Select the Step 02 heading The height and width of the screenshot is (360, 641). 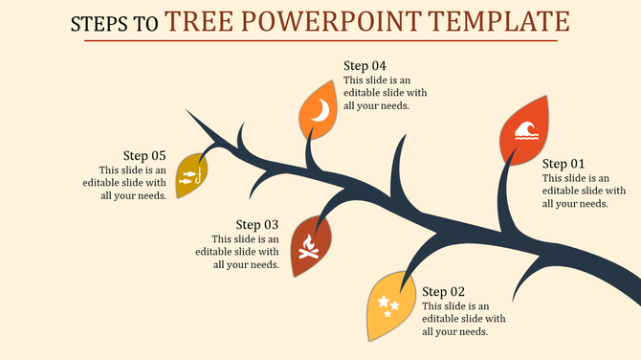444,291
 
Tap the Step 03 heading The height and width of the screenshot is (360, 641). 257,225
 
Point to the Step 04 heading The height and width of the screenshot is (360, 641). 365,65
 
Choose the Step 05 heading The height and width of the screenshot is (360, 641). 144,155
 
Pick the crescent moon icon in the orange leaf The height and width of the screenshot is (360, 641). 322,111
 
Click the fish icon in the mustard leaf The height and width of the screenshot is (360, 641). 191,174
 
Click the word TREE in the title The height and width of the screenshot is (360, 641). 198,21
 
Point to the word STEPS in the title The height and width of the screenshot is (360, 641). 99,24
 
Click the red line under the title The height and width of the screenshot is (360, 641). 320,41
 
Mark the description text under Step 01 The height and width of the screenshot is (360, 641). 575,191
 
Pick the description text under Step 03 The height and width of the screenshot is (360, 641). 237,252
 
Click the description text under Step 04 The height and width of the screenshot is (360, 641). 386,93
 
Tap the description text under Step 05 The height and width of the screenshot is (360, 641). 124,182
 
